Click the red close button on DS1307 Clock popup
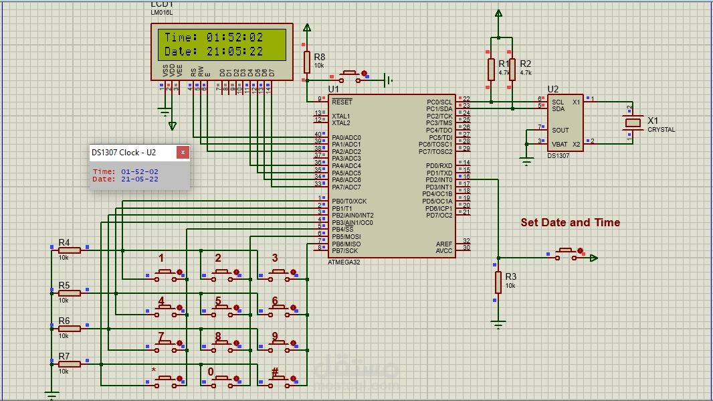pos(183,153)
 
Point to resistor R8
pos(307,62)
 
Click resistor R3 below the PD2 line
pos(498,282)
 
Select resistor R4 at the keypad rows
pos(70,250)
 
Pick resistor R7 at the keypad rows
pos(70,364)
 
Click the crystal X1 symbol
pos(633,123)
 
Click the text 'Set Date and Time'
pos(570,223)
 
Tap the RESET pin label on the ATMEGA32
pos(342,102)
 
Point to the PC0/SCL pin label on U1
pos(439,102)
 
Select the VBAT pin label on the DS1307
pos(559,144)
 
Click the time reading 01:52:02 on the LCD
pos(234,37)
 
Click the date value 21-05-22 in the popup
pos(140,179)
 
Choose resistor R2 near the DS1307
pos(512,69)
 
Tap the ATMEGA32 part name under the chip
pos(344,262)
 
